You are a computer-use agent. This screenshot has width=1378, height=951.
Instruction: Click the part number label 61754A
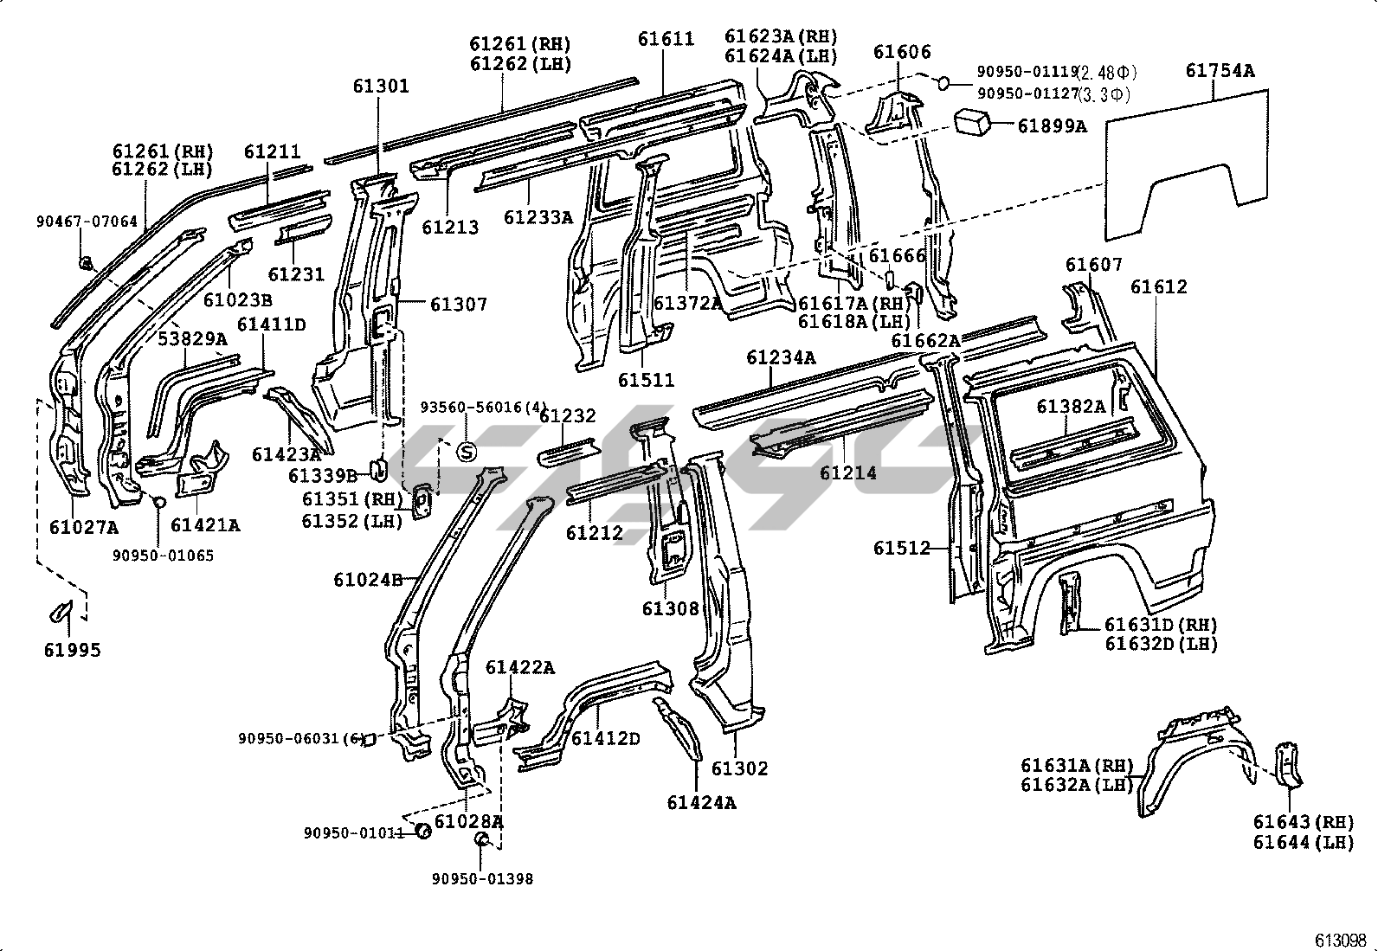pos(1219,71)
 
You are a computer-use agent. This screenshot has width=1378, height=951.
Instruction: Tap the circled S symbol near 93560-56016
pos(466,451)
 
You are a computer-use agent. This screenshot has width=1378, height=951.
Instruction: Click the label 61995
pos(73,650)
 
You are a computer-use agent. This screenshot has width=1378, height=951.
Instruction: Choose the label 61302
pos(740,768)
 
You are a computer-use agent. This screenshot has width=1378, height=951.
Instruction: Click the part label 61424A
pos(701,802)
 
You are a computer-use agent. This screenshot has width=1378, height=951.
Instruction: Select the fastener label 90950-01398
pos(483,879)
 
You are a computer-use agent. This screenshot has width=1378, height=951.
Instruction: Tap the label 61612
pos(1159,286)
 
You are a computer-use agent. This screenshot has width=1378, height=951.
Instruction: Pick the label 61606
pos(902,52)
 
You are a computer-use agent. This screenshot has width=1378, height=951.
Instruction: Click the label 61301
pos(381,86)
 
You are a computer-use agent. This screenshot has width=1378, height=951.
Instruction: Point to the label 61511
pos(646,380)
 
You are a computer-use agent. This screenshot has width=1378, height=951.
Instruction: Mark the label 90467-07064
pos(87,222)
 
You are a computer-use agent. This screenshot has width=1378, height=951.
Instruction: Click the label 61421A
pos(205,524)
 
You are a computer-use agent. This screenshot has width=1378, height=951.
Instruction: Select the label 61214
pos(847,472)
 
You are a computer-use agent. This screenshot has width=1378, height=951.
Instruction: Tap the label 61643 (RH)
pos(1302,821)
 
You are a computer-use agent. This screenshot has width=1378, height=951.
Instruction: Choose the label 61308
pos(670,608)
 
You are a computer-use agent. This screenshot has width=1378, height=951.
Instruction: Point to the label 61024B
pos(369,579)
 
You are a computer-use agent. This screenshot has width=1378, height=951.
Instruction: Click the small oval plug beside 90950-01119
pos(944,82)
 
